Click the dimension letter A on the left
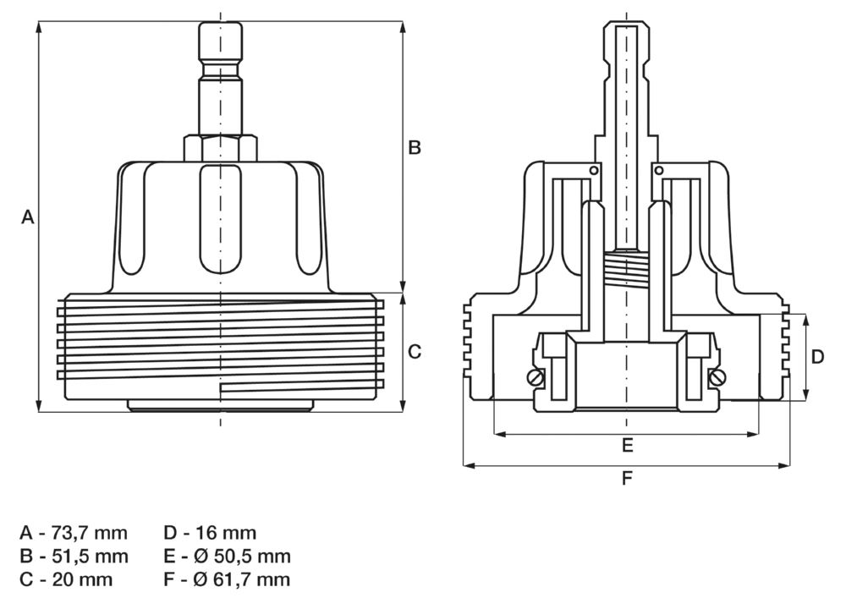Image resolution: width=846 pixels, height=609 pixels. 27,217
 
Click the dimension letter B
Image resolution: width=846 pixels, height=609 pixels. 415,148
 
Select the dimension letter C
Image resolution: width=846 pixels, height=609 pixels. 415,352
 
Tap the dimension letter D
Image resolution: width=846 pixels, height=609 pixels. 817,357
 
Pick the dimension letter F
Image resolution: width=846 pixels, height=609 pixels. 627,479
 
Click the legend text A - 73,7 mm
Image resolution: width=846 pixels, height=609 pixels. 74,533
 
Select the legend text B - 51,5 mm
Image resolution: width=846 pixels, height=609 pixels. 74,557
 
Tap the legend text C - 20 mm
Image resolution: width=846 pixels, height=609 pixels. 66,580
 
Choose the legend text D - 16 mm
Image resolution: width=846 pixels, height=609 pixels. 210,533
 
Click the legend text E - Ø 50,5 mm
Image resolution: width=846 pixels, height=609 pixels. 227,557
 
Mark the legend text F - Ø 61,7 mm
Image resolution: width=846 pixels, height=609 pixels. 227,580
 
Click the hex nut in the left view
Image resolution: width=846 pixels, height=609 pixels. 220,148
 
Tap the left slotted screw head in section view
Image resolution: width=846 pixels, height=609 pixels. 535,378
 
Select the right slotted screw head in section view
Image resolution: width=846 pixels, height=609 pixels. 717,378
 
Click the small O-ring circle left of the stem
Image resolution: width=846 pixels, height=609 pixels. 595,171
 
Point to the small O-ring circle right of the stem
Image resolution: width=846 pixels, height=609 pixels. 657,171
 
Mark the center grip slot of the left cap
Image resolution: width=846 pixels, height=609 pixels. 220,220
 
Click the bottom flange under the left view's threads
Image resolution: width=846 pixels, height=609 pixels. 220,406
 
